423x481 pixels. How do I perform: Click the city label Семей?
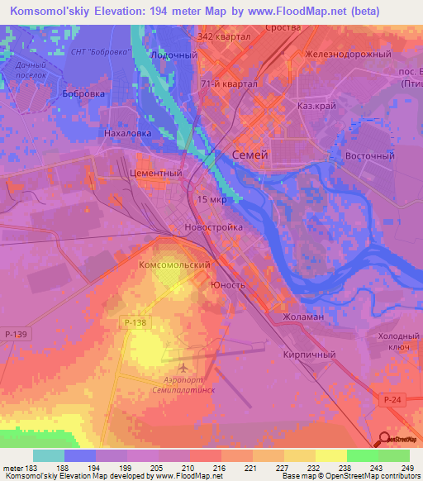tap(250, 155)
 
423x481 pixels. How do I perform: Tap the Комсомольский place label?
tap(171, 264)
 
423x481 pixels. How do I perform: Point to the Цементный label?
tap(155, 174)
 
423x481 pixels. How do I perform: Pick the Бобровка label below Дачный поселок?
tap(83, 94)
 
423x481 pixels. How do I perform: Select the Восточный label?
tap(368, 155)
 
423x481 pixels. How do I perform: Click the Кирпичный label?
tap(309, 355)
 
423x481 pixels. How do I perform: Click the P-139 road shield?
tap(15, 334)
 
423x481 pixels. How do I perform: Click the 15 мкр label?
tap(211, 200)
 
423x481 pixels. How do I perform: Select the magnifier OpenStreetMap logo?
tap(385, 440)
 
